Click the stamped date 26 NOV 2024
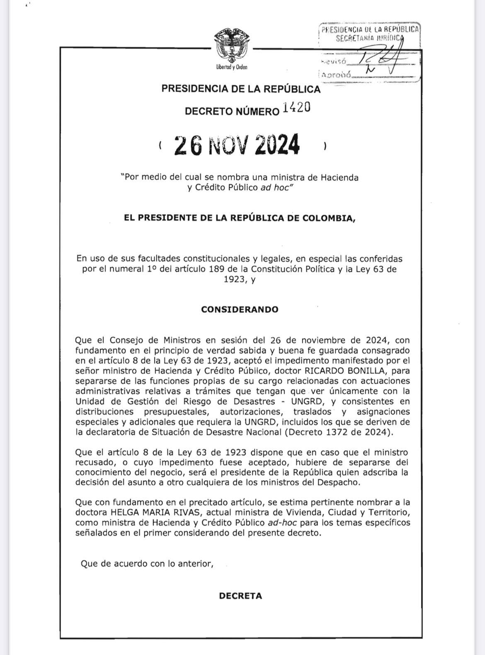point(237,145)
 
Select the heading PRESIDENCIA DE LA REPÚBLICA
point(241,89)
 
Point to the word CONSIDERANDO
point(240,309)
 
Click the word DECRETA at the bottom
point(240,596)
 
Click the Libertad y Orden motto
point(232,67)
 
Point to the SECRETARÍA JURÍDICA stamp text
point(368,38)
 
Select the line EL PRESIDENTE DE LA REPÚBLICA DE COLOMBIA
point(240,218)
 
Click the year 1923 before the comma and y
point(233,279)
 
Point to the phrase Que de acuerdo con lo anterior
point(147,563)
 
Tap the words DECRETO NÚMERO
point(232,111)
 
